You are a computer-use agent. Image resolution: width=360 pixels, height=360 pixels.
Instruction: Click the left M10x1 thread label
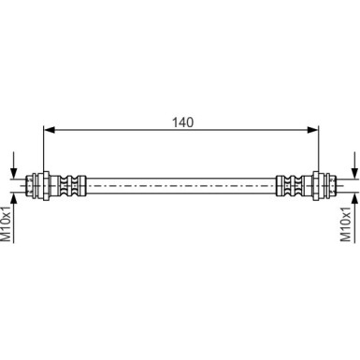8,223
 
